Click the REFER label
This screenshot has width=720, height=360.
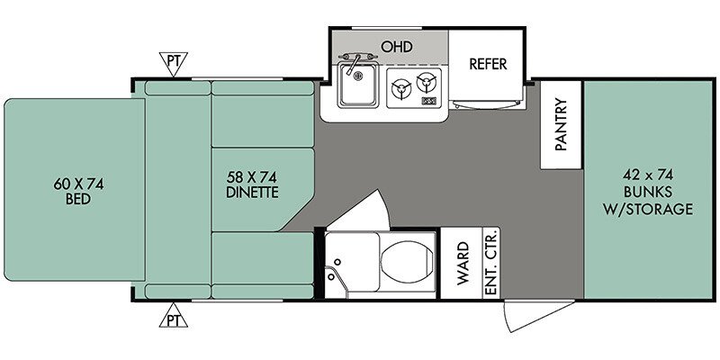click(488, 64)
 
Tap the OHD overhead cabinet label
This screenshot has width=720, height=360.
click(397, 47)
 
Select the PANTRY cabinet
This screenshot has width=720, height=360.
click(561, 124)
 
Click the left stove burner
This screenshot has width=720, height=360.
click(400, 89)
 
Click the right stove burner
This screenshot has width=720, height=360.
click(426, 83)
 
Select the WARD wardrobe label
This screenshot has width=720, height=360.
click(463, 264)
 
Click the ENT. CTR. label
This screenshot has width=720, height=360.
click(490, 263)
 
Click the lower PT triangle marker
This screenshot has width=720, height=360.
click(173, 316)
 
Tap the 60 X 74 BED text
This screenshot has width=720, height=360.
click(78, 192)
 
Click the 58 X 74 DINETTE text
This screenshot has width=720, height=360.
click(252, 184)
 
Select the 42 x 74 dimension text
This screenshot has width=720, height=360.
click(648, 175)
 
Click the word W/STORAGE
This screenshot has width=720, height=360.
click(648, 209)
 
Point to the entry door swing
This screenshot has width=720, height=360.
click(538, 316)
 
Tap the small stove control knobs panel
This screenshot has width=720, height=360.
click(428, 101)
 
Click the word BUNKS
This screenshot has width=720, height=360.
click(648, 192)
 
